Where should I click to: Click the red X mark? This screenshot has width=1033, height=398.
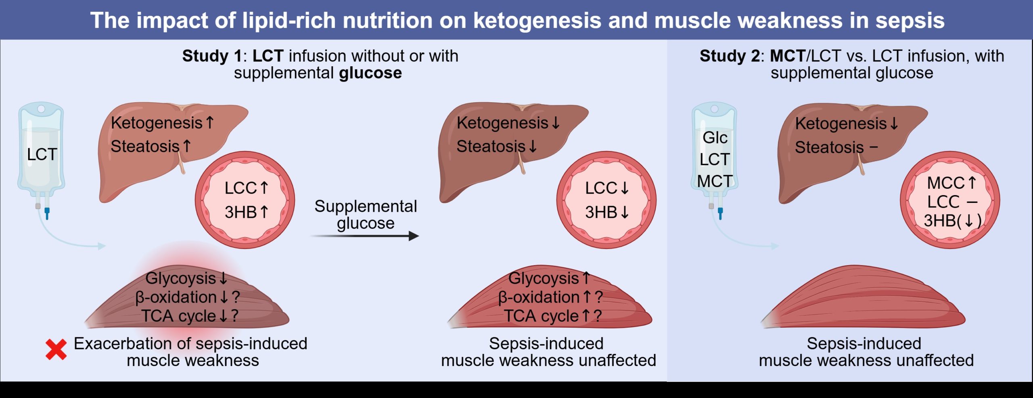click(56, 350)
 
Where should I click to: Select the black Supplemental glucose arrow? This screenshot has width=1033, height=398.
click(365, 236)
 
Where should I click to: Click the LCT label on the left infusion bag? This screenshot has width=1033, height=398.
click(42, 154)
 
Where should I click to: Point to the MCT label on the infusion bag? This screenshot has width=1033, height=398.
click(715, 181)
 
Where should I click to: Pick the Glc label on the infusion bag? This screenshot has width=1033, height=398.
click(715, 138)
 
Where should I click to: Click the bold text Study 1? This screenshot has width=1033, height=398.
click(211, 56)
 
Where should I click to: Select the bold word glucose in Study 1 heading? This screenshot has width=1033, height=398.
click(370, 73)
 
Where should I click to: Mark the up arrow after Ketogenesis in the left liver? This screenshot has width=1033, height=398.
click(210, 122)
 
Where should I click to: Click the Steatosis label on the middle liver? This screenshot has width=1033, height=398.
click(491, 146)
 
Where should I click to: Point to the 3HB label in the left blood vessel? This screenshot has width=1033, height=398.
click(240, 212)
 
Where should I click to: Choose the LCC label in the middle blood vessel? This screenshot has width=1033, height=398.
click(601, 188)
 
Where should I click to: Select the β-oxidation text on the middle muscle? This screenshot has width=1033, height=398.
click(539, 297)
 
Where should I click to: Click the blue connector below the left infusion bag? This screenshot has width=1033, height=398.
click(47, 213)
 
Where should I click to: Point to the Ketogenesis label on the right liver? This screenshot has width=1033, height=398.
click(841, 124)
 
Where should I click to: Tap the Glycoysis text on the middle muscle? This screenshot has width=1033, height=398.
click(543, 278)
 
